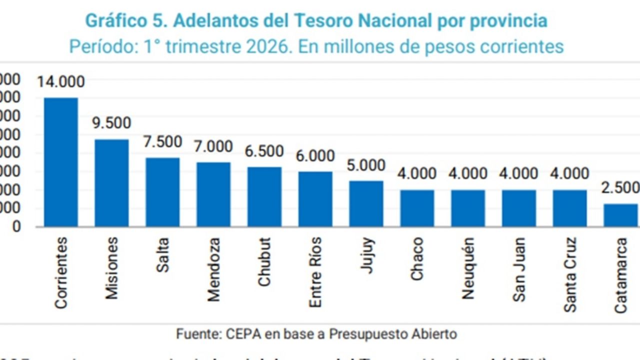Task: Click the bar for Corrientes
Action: click(x=61, y=162)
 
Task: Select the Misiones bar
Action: click(x=111, y=183)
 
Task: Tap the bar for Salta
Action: click(x=162, y=192)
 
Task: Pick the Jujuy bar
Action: click(x=366, y=203)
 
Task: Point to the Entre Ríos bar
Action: click(x=315, y=199)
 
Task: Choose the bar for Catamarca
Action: click(x=621, y=215)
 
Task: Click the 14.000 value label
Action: click(x=61, y=81)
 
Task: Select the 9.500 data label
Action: click(x=111, y=123)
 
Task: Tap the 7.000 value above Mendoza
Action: click(x=213, y=146)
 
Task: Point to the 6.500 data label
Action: click(x=264, y=151)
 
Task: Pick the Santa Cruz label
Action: click(x=570, y=274)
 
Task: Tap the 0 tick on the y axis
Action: click(x=17, y=226)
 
